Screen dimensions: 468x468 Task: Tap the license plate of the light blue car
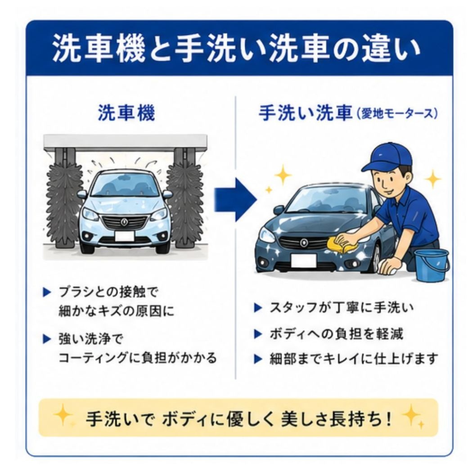point(125,236)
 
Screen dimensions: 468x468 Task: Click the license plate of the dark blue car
point(304,260)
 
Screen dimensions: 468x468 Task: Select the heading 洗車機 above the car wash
point(126,113)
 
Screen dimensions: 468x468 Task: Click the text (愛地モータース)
point(396,114)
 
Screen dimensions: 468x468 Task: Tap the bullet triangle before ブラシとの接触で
point(47,292)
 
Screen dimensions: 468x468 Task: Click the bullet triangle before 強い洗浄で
point(47,339)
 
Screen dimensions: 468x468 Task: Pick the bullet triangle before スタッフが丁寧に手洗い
point(257,308)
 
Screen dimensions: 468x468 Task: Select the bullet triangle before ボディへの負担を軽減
point(257,334)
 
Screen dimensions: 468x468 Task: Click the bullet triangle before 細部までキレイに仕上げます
point(257,359)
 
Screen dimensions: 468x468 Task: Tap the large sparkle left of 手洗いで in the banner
point(63,414)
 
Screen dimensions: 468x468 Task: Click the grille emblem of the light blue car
point(124,221)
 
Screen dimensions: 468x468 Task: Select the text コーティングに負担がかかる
point(137,358)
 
